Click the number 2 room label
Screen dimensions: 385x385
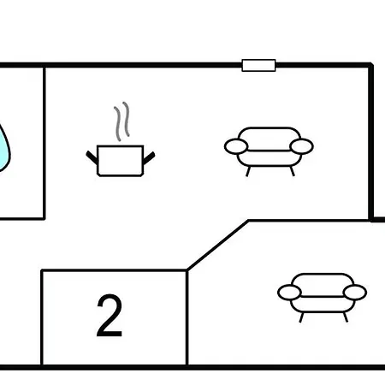tap(110, 316)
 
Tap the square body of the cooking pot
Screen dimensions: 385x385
tap(120, 161)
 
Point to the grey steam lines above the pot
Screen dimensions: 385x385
tap(121, 121)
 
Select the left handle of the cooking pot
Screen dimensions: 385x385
tap(92, 157)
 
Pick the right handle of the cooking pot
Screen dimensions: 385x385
tap(149, 158)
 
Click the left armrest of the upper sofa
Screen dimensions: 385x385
tap(236, 146)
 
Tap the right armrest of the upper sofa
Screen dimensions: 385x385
tap(301, 146)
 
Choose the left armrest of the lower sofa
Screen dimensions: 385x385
tap(289, 293)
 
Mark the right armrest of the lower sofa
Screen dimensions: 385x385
tap(355, 293)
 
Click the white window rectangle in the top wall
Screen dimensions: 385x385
tap(258, 65)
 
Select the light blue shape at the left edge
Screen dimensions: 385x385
tap(4, 148)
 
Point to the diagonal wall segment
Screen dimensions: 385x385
tap(217, 245)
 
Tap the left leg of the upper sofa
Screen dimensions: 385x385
tap(248, 171)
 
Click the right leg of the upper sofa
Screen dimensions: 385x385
tap(292, 171)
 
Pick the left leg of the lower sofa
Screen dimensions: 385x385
tap(301, 317)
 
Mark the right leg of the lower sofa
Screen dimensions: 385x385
tap(346, 317)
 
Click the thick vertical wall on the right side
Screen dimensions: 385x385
tap(371, 142)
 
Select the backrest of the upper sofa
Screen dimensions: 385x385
tap(269, 134)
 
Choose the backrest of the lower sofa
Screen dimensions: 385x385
tap(323, 280)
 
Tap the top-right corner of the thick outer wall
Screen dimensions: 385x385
tap(371, 65)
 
